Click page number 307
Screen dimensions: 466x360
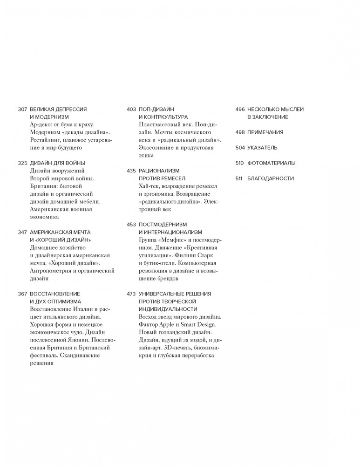click(x=22, y=109)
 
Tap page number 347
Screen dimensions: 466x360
click(x=22, y=232)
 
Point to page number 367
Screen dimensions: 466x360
click(x=22, y=294)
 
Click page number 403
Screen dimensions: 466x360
click(x=131, y=109)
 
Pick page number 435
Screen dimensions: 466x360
click(x=131, y=171)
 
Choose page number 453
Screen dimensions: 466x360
click(x=131, y=224)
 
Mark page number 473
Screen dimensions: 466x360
click(x=131, y=294)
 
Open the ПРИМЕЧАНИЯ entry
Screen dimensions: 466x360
click(x=265, y=132)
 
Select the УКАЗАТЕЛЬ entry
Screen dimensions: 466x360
click(x=262, y=148)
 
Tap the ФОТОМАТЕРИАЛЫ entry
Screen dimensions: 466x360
click(x=272, y=163)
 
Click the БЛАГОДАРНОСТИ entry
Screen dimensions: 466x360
click(x=271, y=178)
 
